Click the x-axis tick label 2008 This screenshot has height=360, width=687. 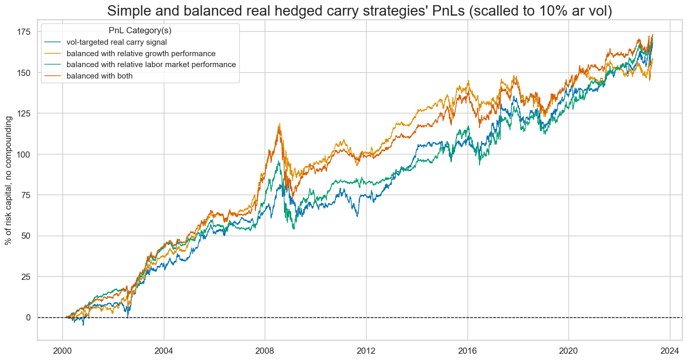(265, 349)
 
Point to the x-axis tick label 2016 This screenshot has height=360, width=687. (467, 349)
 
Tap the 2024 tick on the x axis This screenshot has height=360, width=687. (669, 349)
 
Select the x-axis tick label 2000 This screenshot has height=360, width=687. (62, 349)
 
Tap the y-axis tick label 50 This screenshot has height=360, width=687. (26, 236)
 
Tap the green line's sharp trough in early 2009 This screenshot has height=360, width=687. (294, 228)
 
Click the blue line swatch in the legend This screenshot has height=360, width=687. (52, 42)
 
